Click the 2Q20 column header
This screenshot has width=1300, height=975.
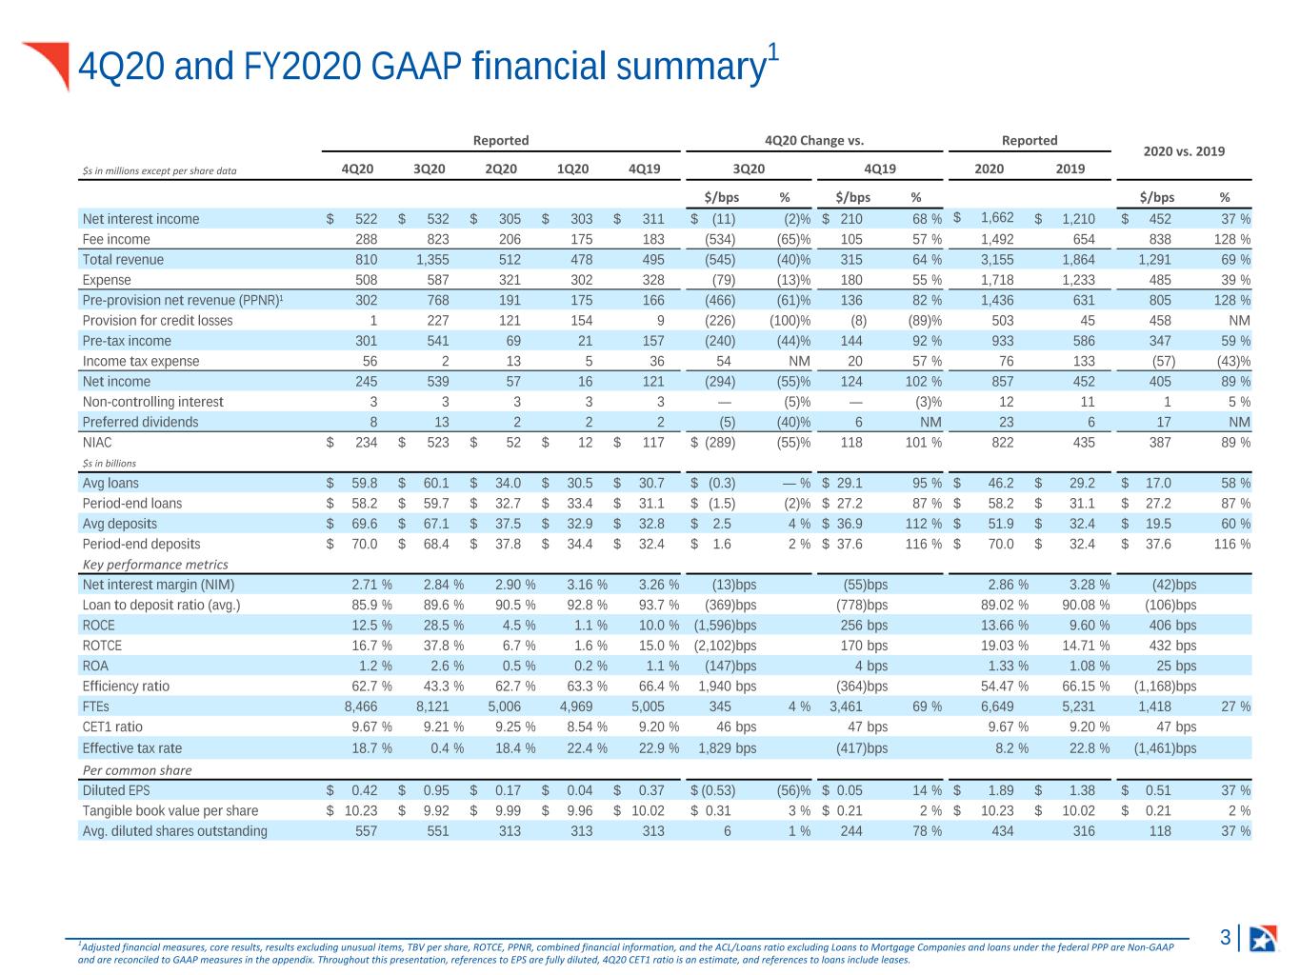[x=500, y=169]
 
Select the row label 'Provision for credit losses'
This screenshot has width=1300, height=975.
[x=157, y=320]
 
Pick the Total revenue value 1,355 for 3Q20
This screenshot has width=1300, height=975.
[x=432, y=259]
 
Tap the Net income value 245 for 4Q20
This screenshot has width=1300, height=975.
[x=366, y=381]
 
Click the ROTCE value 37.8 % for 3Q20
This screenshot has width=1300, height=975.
[x=443, y=646]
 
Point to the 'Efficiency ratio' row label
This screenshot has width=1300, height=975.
[x=126, y=686]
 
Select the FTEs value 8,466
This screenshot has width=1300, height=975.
[x=361, y=706]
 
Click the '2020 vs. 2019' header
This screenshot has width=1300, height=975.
[x=1183, y=151]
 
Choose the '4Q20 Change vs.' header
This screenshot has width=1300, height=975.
[x=813, y=140]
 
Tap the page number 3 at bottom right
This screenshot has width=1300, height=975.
[x=1226, y=937]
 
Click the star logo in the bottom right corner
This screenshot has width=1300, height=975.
[x=1262, y=938]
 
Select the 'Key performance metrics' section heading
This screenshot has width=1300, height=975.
[x=155, y=565]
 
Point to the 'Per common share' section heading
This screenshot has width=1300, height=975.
[x=137, y=770]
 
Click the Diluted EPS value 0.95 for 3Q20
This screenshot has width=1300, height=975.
[x=436, y=790]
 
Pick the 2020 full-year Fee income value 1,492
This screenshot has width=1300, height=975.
[x=997, y=239]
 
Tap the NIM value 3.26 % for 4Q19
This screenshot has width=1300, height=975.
[x=659, y=585]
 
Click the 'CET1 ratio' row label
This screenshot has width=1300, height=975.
[x=112, y=726]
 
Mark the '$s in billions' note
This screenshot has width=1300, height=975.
[x=109, y=463]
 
